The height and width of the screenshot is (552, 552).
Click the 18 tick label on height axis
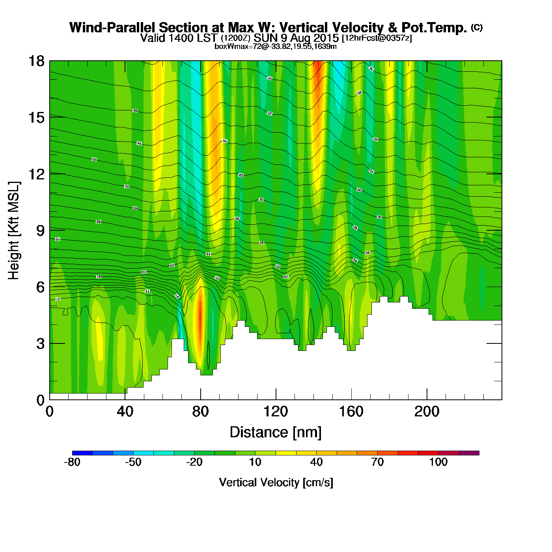pyautogui.click(x=35, y=61)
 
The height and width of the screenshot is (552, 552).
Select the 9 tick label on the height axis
pyautogui.click(x=40, y=231)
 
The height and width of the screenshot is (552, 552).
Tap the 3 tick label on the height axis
pyautogui.click(x=40, y=344)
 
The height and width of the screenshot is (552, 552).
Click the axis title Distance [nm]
pyautogui.click(x=276, y=433)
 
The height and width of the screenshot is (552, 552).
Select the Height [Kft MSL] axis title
pyautogui.click(x=14, y=231)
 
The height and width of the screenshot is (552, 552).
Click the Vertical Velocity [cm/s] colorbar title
pyautogui.click(x=276, y=483)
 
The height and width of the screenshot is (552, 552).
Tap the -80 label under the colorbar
pyautogui.click(x=72, y=462)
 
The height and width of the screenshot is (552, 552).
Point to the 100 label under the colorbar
pyautogui.click(x=438, y=462)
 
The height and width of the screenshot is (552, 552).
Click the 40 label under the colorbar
pyautogui.click(x=316, y=462)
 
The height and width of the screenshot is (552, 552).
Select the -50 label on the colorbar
pyautogui.click(x=133, y=462)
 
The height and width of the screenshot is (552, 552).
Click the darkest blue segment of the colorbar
pyautogui.click(x=82, y=453)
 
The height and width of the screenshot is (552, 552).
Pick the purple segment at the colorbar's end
pyautogui.click(x=469, y=453)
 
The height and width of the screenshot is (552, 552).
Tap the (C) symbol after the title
pyautogui.click(x=477, y=27)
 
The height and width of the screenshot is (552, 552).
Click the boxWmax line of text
pyautogui.click(x=276, y=47)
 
